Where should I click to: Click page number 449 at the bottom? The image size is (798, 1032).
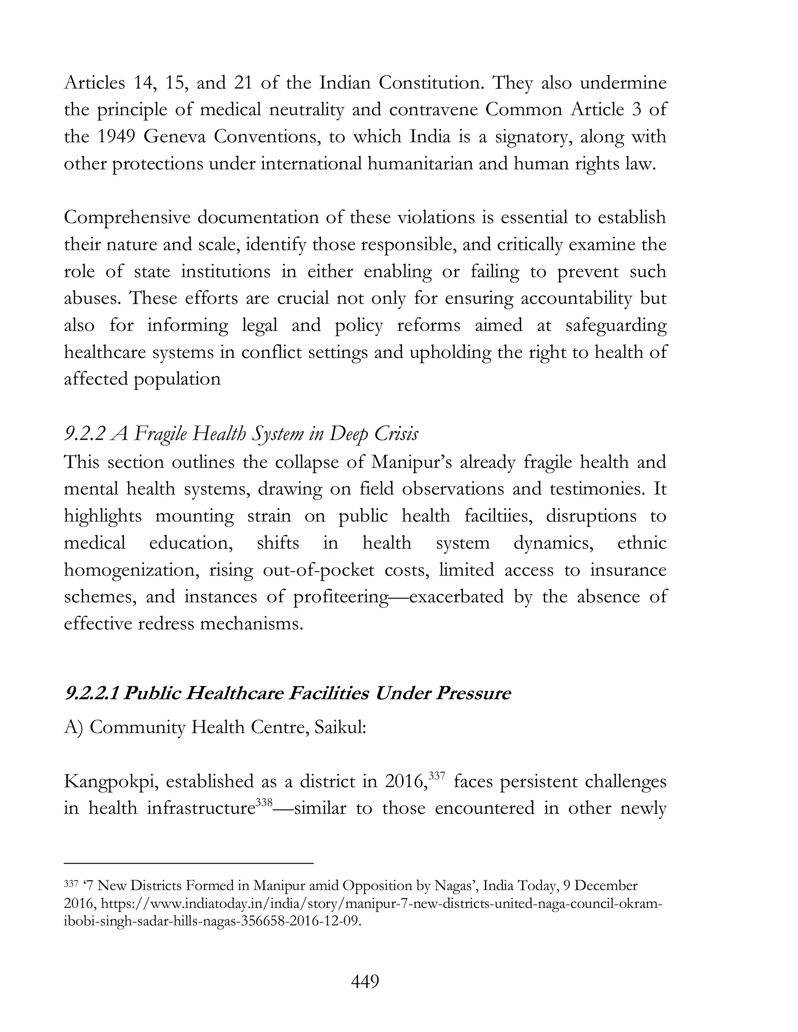click(x=365, y=981)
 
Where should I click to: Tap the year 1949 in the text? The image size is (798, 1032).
click(x=116, y=137)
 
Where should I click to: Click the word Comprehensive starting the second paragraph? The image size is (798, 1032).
click(x=127, y=218)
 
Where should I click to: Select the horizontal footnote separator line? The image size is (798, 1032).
click(x=189, y=863)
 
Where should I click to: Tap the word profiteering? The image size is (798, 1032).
click(x=341, y=597)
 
